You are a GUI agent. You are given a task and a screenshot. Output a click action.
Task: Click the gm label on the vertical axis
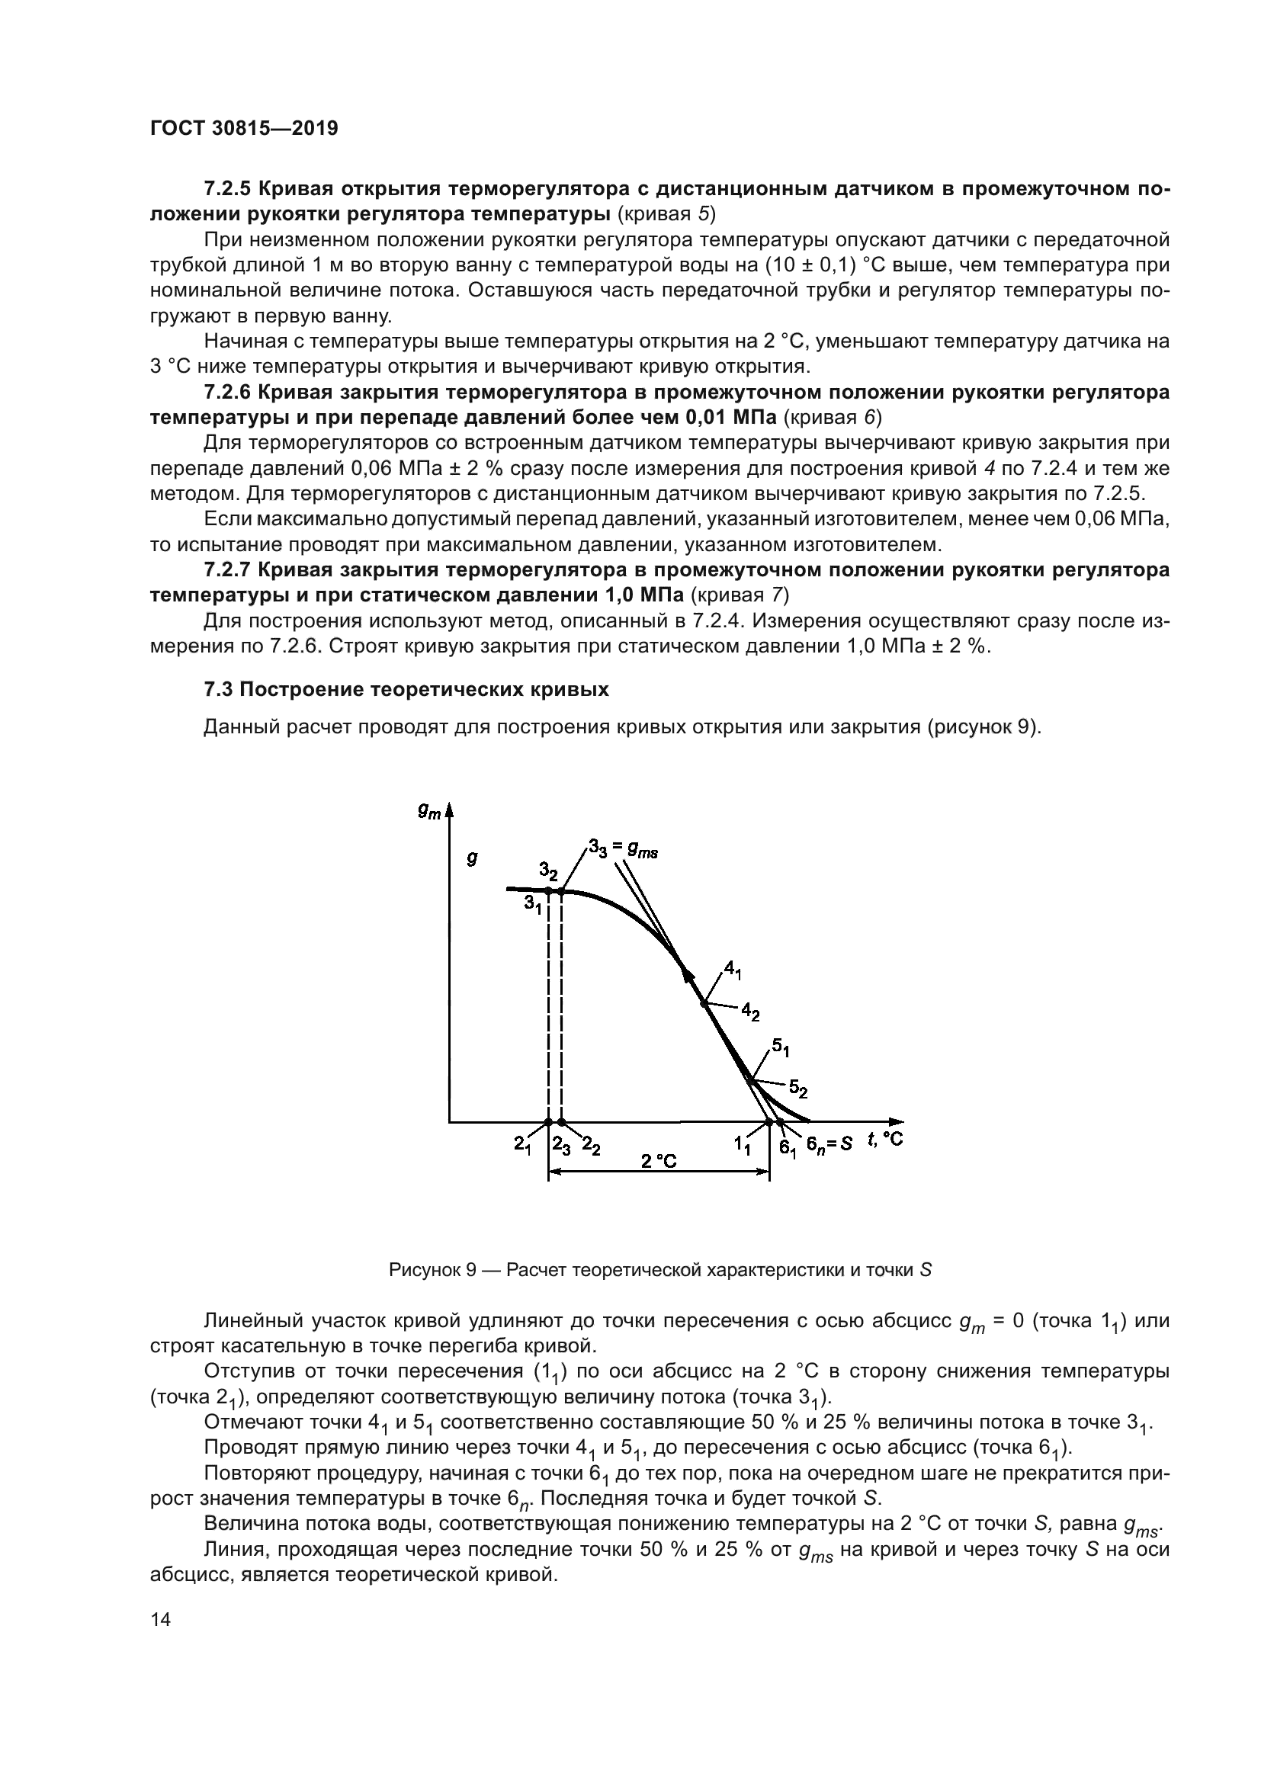coord(428,812)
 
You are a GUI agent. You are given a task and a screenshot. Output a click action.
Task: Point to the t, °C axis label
coord(885,1139)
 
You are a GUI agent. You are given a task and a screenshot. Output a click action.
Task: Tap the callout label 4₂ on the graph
coord(750,1011)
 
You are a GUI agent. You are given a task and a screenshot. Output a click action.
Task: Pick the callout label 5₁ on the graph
coord(781,1046)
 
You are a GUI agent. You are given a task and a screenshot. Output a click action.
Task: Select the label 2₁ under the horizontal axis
coord(522,1144)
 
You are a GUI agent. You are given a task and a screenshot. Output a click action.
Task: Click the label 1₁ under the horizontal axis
coord(743,1145)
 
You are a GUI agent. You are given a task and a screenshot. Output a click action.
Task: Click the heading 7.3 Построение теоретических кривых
coord(406,690)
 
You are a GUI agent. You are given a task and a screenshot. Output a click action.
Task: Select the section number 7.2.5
coord(227,189)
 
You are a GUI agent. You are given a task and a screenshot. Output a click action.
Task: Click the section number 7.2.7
coord(227,570)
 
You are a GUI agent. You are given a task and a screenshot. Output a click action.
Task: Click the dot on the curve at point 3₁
coord(548,890)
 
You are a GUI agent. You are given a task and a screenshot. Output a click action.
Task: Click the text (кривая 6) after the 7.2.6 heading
coord(833,417)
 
